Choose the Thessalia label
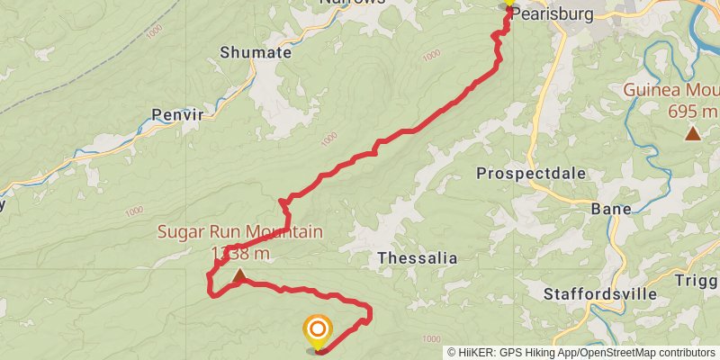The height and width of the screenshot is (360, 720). pos(417,258)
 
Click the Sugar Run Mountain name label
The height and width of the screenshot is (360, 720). pos(239,232)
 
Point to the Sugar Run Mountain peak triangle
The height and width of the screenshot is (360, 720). pos(238,275)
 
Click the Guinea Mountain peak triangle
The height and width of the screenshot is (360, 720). pos(692,134)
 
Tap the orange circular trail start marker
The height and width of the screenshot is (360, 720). pos(317,330)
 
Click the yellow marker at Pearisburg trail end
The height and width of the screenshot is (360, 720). pos(508,4)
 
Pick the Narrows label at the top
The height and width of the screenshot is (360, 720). pos(352,3)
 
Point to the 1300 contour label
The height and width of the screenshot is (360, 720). pos(328,137)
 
